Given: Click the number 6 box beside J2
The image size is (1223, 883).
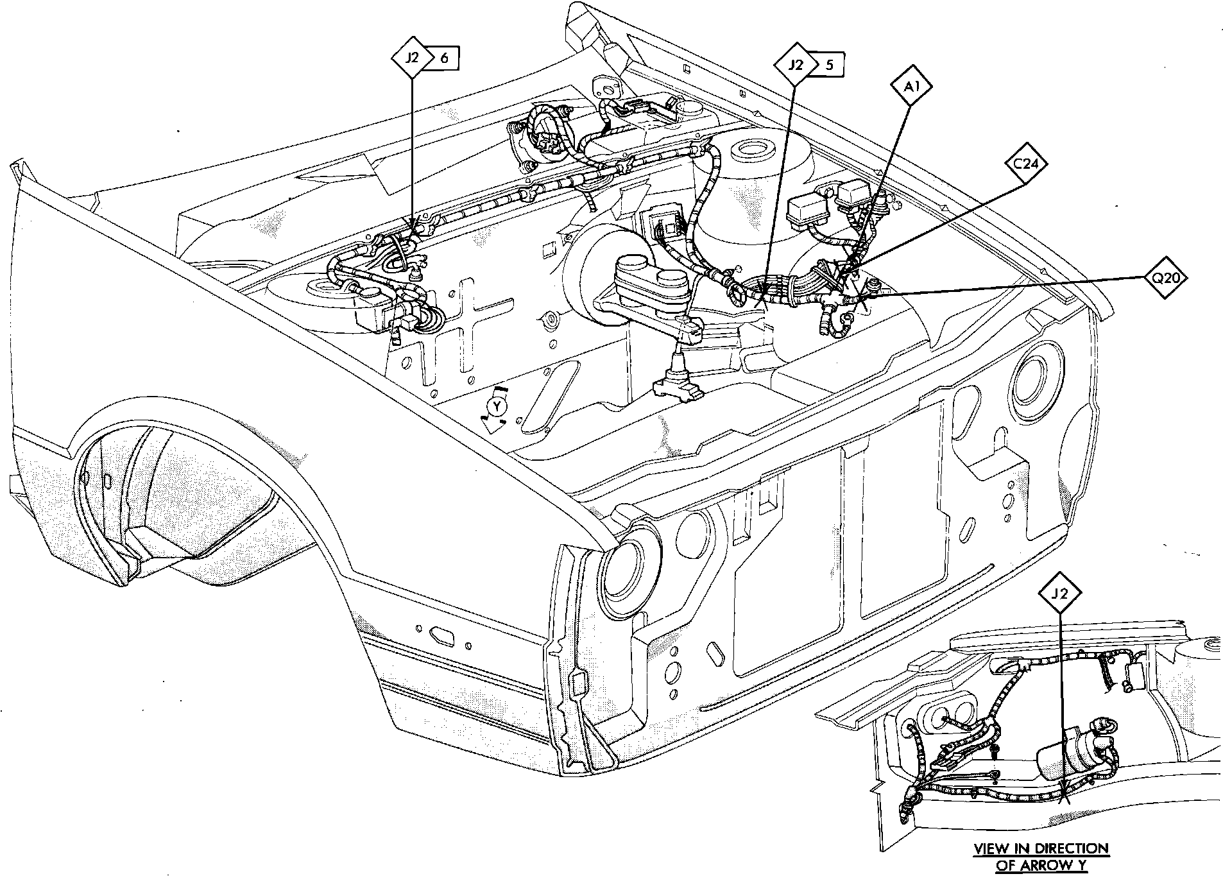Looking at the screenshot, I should click(x=444, y=58).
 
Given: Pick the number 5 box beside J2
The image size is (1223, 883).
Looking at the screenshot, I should click(x=828, y=65).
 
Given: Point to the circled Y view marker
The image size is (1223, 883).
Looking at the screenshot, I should click(x=496, y=406).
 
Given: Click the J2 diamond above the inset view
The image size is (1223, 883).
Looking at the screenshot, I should click(x=1061, y=593).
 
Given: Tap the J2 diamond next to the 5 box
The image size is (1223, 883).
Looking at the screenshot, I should click(x=796, y=65).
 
